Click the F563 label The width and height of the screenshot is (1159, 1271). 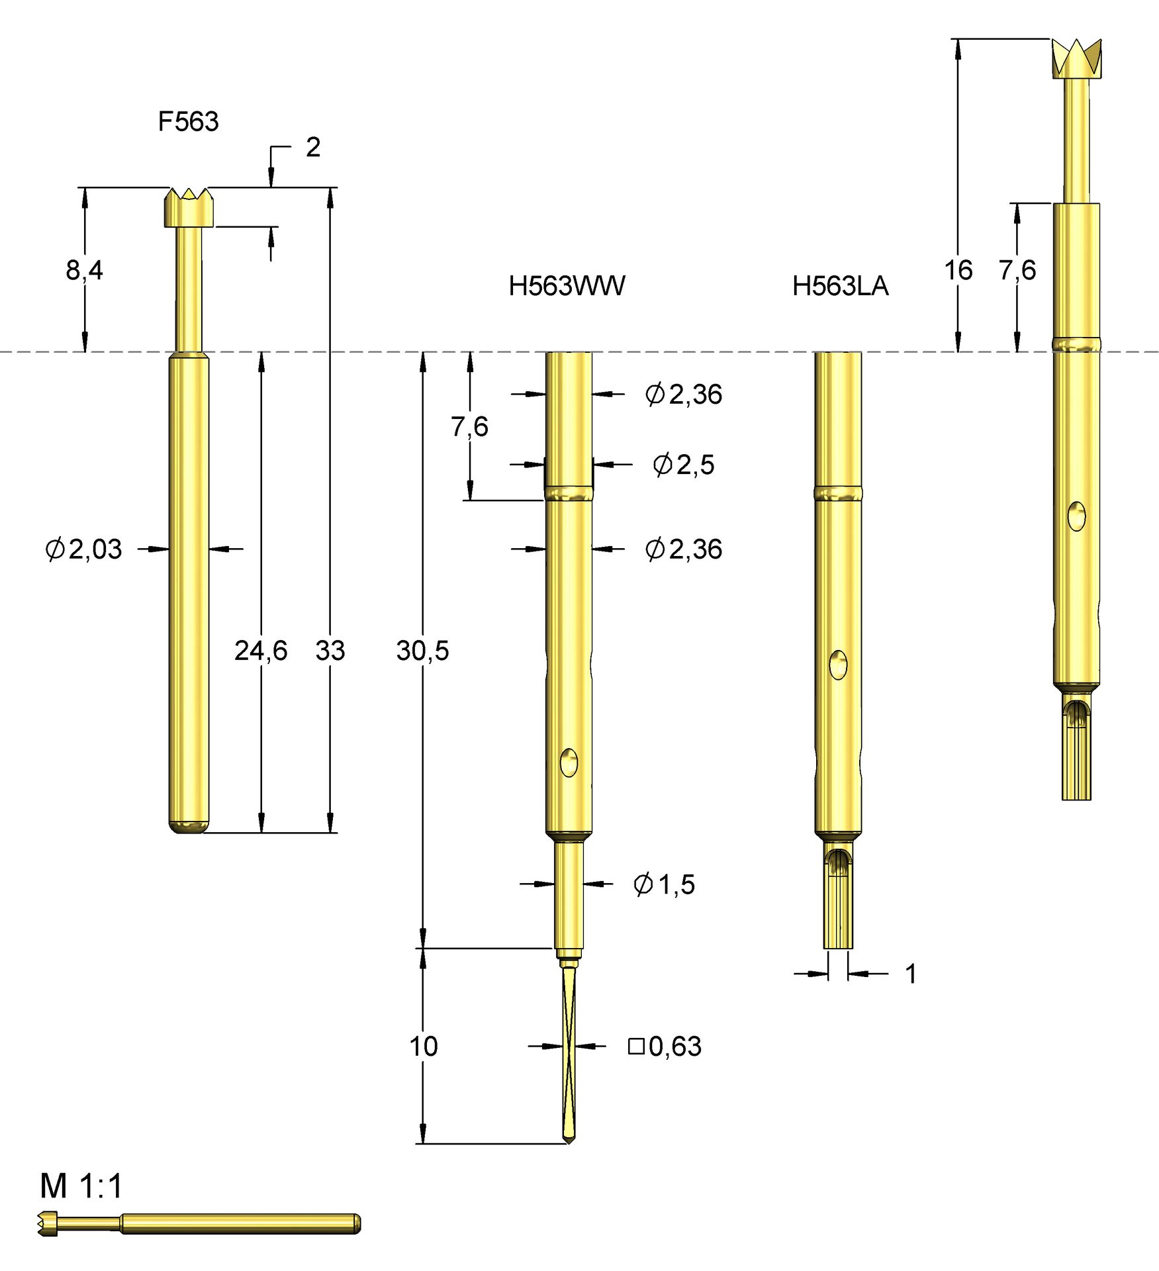pyautogui.click(x=188, y=121)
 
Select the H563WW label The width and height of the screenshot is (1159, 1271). pyautogui.click(x=567, y=286)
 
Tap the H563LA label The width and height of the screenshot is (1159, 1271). pyautogui.click(x=840, y=286)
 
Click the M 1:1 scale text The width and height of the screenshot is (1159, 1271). pyautogui.click(x=81, y=1186)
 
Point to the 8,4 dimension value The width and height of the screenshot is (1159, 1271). pyautogui.click(x=84, y=270)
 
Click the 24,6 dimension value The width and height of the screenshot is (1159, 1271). pyautogui.click(x=261, y=651)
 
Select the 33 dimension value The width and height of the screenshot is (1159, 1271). pyautogui.click(x=330, y=651)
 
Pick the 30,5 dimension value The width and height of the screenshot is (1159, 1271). pyautogui.click(x=422, y=651)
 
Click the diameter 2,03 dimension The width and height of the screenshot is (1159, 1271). pyautogui.click(x=84, y=549)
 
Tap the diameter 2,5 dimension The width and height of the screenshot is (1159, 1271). pyautogui.click(x=684, y=465)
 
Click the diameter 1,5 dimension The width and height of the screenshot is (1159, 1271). pyautogui.click(x=664, y=884)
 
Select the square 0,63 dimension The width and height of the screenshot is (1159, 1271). pyautogui.click(x=665, y=1047)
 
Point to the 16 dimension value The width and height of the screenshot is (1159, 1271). pyautogui.click(x=958, y=270)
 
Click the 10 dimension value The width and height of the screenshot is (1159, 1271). pyautogui.click(x=423, y=1047)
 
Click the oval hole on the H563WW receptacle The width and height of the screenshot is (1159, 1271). pyautogui.click(x=569, y=763)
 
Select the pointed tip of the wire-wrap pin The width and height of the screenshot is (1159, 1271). pyautogui.click(x=568, y=1138)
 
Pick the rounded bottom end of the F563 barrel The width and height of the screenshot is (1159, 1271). pyautogui.click(x=189, y=827)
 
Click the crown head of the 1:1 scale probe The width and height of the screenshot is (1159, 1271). pyautogui.click(x=48, y=1224)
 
